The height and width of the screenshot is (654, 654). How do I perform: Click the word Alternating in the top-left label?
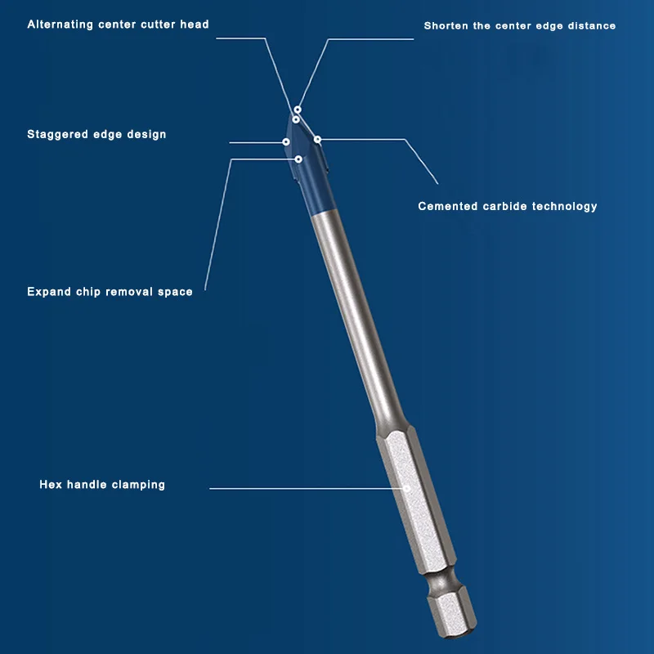61,25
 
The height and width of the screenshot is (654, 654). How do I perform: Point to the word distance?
589,26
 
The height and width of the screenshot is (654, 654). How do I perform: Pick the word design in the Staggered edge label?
146,134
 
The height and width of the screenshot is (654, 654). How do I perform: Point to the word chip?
90,291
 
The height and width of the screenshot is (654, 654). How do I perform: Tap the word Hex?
50,485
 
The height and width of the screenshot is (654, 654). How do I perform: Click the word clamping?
139,485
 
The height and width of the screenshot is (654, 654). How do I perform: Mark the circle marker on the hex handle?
406,489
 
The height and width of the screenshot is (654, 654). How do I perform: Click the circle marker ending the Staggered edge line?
286,142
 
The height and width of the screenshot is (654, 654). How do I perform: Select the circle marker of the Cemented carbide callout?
317,139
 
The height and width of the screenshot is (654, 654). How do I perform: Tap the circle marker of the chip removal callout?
299,159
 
